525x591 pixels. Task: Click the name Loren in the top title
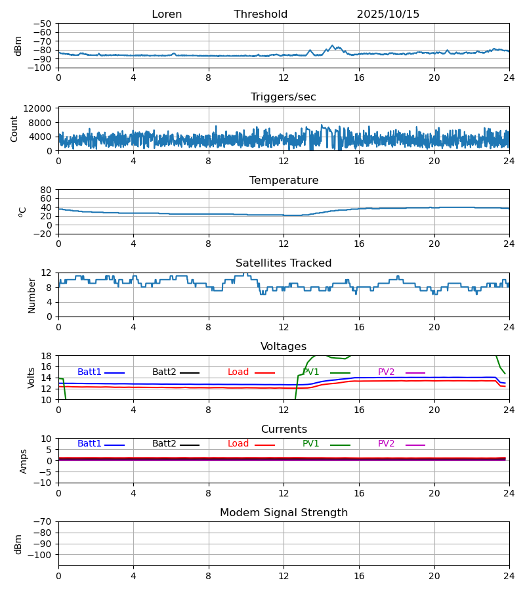[x=167, y=14]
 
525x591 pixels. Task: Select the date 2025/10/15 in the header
[x=388, y=14]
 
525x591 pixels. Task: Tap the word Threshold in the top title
[x=261, y=14]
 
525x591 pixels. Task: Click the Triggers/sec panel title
[x=283, y=97]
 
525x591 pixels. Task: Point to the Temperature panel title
[x=283, y=181]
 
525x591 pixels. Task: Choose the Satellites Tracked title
[x=283, y=263]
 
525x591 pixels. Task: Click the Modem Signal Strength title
[x=283, y=513]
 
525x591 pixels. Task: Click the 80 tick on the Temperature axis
[x=47, y=190]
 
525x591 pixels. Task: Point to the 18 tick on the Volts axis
[x=47, y=356]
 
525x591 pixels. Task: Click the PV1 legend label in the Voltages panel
[x=311, y=372]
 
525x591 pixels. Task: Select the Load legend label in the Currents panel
[x=238, y=444]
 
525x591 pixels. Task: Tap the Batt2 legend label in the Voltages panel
[x=164, y=372]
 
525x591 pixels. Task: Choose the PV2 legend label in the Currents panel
[x=386, y=444]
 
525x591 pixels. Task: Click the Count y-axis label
[x=14, y=129]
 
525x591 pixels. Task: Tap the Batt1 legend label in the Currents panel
[x=89, y=444]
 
